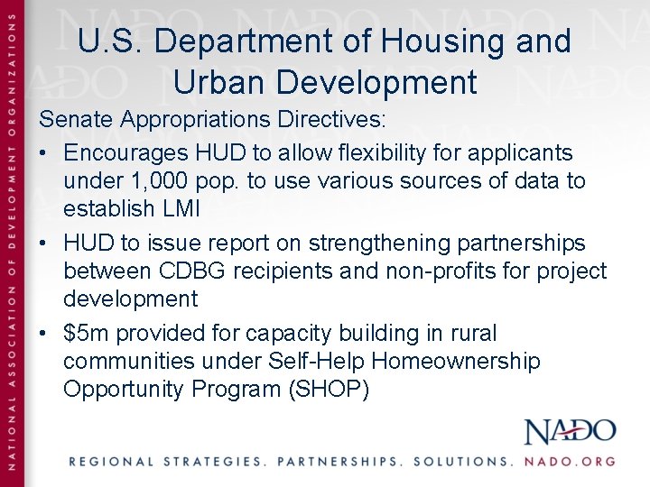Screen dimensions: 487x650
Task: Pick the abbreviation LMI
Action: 182,208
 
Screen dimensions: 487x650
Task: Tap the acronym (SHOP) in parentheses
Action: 326,390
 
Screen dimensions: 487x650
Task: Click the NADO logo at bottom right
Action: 571,431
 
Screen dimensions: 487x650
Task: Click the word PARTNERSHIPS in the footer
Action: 339,461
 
